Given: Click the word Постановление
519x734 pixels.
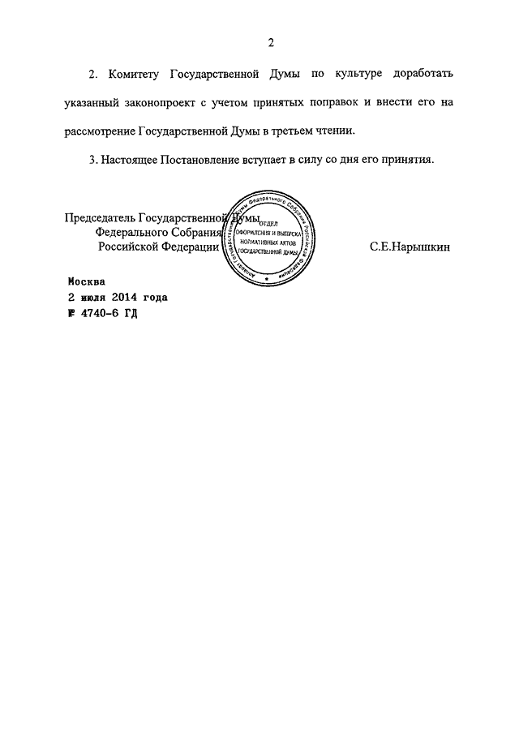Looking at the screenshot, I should pos(175,159).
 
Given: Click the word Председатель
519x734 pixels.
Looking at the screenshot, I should pos(100,218).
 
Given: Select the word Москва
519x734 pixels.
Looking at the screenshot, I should pos(86,282).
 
